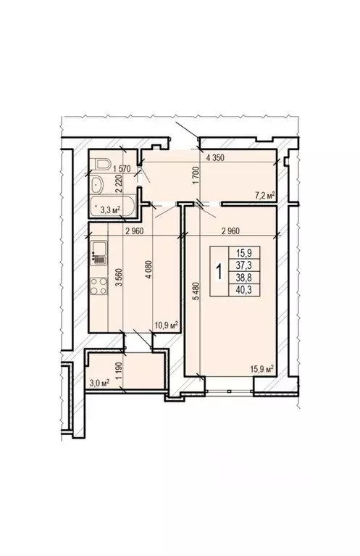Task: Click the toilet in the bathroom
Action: (x=101, y=162)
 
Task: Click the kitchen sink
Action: (x=98, y=255)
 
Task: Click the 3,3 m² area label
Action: (x=109, y=210)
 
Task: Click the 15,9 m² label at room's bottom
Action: (x=261, y=368)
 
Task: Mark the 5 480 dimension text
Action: (x=194, y=292)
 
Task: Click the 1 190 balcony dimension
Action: (x=117, y=378)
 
